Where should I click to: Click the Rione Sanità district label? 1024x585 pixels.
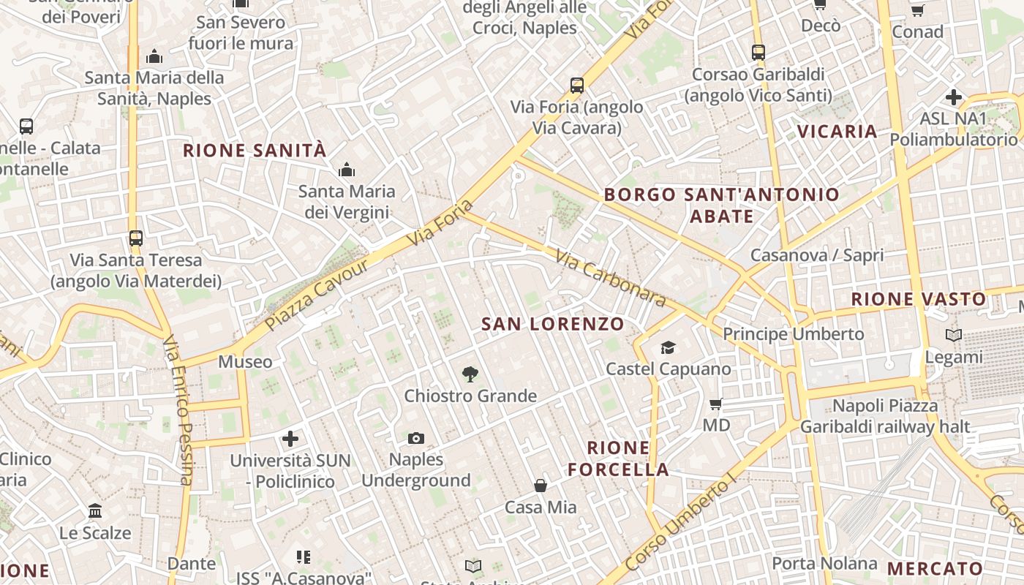coord(254,151)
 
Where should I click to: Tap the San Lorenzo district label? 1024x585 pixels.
coord(553,324)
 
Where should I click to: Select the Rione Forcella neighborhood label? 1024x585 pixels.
coord(618,458)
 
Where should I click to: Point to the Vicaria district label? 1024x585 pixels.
coord(837,132)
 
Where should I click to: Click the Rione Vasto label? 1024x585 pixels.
coord(919,299)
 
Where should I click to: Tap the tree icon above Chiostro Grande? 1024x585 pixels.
coord(470,374)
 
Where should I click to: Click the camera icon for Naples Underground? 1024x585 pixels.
coord(415,438)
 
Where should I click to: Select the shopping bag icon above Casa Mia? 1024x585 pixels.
coord(541,486)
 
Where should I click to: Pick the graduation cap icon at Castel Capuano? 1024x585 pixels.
coord(668,347)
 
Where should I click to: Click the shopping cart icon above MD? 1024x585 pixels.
coord(716,404)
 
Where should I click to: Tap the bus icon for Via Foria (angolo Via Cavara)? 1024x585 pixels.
coord(577,86)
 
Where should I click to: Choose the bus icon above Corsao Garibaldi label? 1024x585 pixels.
coord(758,53)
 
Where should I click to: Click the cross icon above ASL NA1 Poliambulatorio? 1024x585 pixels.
coord(953,97)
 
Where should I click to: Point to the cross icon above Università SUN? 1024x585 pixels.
coord(290,439)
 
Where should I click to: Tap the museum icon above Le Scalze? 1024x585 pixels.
coord(95,511)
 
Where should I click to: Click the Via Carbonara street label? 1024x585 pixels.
coord(610,278)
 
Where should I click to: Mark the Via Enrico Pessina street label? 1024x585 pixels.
coord(178,409)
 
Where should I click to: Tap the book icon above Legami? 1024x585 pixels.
coord(954,336)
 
